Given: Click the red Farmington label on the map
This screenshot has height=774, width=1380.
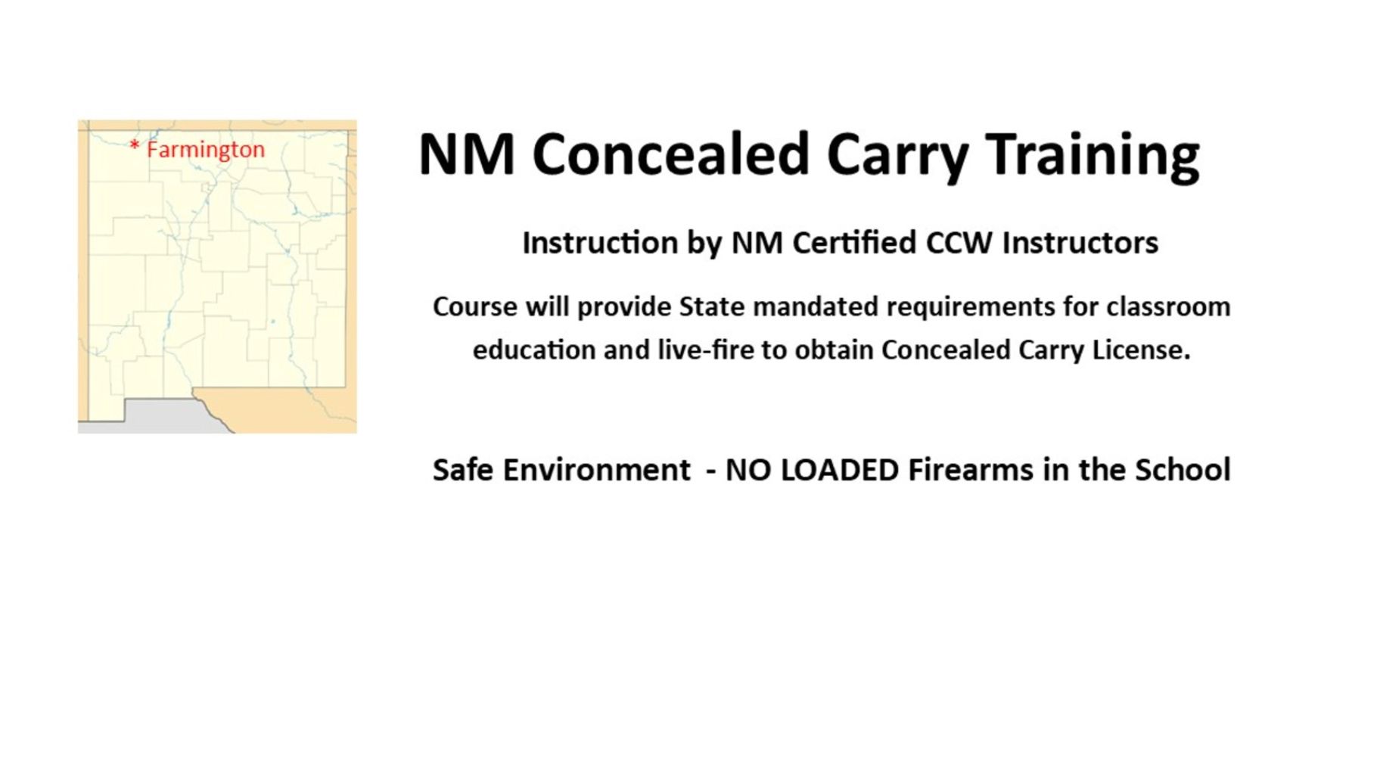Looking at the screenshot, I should click(205, 150).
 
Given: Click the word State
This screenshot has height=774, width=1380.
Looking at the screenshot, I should click(711, 307).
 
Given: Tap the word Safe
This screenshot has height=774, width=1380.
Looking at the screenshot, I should click(463, 470).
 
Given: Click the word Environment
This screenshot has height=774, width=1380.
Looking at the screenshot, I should click(596, 470).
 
